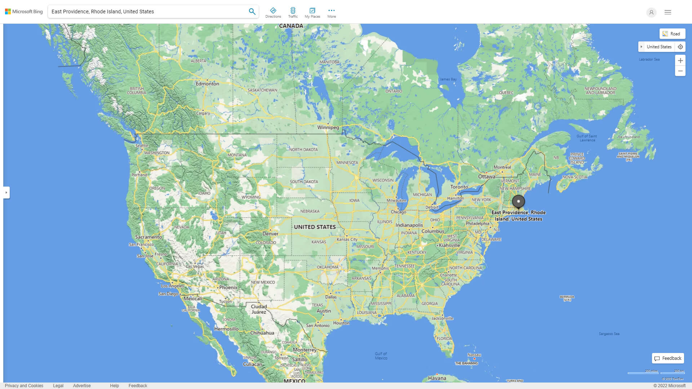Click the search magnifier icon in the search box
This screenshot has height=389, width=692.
252,12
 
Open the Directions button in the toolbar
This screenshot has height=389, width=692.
273,12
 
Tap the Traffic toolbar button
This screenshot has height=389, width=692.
293,12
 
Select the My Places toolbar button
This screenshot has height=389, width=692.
312,12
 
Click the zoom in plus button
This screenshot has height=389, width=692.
680,61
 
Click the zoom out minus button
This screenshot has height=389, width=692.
680,71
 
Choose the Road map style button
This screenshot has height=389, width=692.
672,34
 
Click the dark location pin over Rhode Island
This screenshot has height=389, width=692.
518,202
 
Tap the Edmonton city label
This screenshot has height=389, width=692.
207,84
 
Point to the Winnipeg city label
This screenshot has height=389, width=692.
328,128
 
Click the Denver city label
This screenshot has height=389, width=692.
270,233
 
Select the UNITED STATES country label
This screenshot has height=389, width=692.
315,227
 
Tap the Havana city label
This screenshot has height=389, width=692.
437,378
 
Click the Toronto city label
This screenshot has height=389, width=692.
459,187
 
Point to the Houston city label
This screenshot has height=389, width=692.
341,323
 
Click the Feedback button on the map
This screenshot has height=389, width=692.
668,358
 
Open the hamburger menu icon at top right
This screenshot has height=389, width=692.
668,12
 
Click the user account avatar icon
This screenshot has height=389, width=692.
651,12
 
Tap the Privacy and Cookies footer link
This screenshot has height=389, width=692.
24,386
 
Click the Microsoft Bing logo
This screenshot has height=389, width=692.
24,12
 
